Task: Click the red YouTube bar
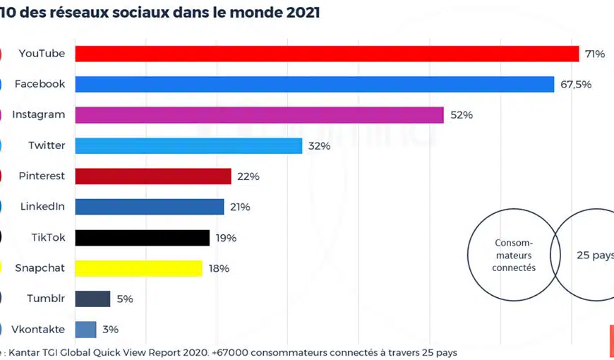point(327,54)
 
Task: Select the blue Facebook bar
point(314,84)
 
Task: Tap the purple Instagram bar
point(259,115)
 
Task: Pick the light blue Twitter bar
point(188,145)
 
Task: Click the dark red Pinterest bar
point(153,176)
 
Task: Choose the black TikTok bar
point(142,238)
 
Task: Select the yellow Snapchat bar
point(138,268)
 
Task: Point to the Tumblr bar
point(92,299)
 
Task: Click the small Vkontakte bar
point(85,329)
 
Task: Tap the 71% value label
point(594,54)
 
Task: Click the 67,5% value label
point(576,84)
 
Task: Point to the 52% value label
point(461,115)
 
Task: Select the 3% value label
point(110,329)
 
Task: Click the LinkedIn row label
point(42,207)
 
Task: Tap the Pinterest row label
point(42,176)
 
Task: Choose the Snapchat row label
point(40,268)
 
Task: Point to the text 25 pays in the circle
point(594,255)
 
